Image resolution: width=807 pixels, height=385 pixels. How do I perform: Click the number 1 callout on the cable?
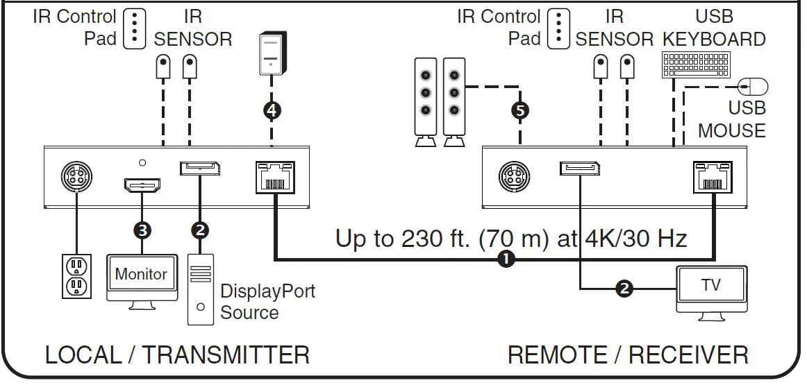point(507,259)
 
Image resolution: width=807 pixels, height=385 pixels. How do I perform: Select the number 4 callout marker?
point(272,110)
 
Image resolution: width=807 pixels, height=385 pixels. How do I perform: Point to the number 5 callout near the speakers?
point(519,110)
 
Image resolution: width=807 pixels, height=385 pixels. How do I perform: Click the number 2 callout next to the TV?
point(624,288)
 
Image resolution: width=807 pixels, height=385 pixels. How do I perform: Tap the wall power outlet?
point(76,276)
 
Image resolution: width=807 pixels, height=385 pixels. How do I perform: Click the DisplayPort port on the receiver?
point(579,169)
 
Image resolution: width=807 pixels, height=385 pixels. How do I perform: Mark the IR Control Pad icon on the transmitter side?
point(134,28)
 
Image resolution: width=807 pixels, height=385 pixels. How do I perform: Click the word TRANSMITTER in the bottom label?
point(226,355)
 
